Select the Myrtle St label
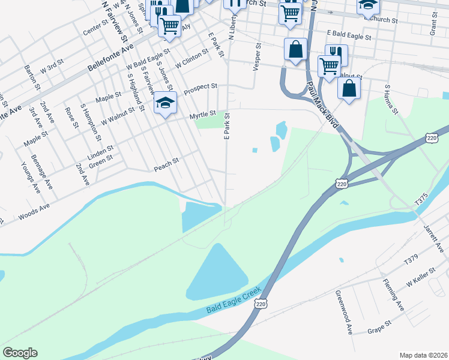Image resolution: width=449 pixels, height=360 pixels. point(202,115)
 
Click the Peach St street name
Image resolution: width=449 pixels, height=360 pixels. point(167,162)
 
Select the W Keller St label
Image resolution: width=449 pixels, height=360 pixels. point(420,279)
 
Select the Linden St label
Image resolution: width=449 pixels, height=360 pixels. point(101,149)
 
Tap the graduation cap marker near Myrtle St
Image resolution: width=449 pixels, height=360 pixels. point(165,104)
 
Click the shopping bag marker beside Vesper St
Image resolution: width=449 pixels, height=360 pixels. point(295,50)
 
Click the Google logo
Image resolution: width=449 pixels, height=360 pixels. point(20,353)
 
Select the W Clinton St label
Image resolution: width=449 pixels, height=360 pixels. point(191,58)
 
